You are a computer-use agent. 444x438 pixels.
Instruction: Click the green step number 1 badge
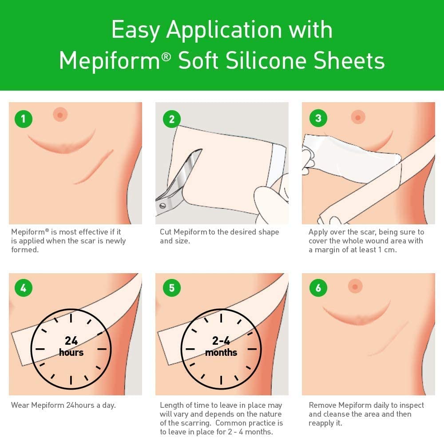point(24,119)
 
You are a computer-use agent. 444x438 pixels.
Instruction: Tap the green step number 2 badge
point(172,119)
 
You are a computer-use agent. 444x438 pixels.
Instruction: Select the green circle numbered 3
point(318,118)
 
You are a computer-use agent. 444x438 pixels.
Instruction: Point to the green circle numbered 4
point(24,288)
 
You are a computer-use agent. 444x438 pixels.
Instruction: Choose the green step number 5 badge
point(172,288)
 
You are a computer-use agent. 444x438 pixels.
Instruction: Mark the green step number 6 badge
point(318,288)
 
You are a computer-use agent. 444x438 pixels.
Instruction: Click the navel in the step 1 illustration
point(59,115)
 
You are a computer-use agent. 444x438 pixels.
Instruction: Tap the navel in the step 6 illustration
point(355,286)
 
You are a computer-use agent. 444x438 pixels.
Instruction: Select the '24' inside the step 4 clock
point(71,341)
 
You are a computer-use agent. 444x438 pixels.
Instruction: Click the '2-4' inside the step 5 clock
point(221,341)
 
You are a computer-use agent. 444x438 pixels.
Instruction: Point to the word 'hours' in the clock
point(71,353)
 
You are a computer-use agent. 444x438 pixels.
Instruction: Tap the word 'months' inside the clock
point(221,353)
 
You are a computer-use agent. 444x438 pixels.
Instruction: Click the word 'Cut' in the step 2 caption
point(166,232)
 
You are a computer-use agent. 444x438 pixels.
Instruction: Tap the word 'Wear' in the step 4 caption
point(20,405)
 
